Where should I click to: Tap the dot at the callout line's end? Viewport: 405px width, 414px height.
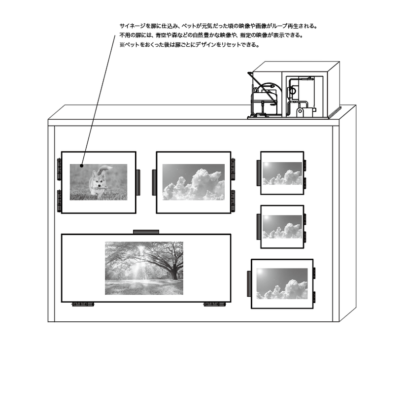(x=82, y=166)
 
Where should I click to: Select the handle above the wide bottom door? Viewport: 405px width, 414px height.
(x=146, y=232)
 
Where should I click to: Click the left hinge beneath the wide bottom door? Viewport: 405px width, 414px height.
(x=83, y=305)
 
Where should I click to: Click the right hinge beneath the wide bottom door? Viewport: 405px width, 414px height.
(x=214, y=305)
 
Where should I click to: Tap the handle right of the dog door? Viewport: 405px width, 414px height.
(x=138, y=182)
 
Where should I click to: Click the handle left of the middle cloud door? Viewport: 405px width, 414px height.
(x=154, y=182)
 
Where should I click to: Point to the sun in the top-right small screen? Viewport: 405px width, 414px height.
(x=266, y=165)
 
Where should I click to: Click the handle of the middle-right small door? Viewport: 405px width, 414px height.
(x=259, y=227)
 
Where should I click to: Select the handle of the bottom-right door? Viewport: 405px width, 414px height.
(x=249, y=283)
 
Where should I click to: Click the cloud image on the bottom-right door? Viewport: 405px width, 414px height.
(x=282, y=284)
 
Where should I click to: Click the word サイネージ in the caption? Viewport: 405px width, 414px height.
(x=132, y=26)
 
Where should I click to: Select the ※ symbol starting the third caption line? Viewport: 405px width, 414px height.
(x=122, y=45)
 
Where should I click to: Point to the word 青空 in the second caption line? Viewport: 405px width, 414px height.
(x=161, y=35)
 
